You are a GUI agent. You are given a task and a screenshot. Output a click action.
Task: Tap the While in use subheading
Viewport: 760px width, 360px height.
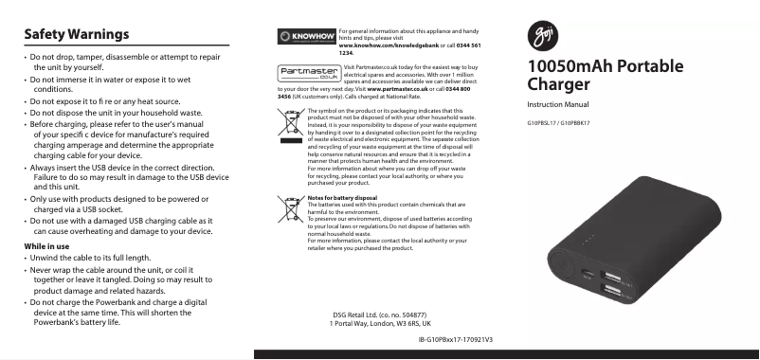[x=47, y=246]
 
